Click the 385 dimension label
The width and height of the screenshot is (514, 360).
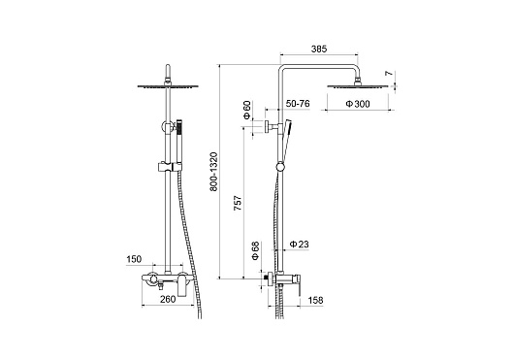pyautogui.click(x=319, y=49)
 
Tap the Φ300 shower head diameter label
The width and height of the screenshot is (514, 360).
pyautogui.click(x=358, y=104)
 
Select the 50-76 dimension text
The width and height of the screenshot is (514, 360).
pyautogui.click(x=298, y=104)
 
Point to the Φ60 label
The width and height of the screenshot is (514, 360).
pyautogui.click(x=247, y=110)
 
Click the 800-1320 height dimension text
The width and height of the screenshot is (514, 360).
pyautogui.click(x=213, y=172)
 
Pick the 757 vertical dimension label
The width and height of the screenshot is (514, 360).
pyautogui.click(x=238, y=203)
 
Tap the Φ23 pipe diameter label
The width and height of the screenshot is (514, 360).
pyautogui.click(x=300, y=245)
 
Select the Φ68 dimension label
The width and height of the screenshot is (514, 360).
pyautogui.click(x=256, y=250)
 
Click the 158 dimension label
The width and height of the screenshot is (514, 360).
pyautogui.click(x=316, y=300)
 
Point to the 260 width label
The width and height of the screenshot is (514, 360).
pyautogui.click(x=168, y=299)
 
